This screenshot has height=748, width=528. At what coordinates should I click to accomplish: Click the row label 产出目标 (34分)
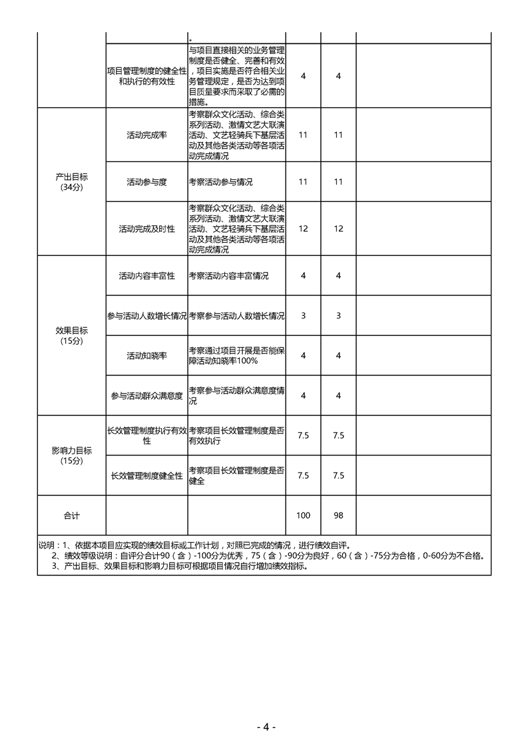point(71,182)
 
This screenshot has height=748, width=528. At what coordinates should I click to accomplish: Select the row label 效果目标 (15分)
point(71,335)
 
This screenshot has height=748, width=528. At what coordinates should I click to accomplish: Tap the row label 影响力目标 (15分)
point(71,455)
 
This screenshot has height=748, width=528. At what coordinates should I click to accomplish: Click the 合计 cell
point(71,515)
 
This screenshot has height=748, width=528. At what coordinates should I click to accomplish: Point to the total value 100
point(303,515)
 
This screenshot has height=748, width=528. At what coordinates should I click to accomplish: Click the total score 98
point(338,515)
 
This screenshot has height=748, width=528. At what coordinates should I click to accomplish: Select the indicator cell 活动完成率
point(146,135)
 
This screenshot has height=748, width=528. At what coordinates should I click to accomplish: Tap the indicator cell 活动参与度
point(146,182)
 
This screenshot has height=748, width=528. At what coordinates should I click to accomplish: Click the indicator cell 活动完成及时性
point(146,229)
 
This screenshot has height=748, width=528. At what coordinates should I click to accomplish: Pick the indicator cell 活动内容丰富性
point(146,275)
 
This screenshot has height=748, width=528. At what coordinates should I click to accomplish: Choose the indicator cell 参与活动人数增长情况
point(146,315)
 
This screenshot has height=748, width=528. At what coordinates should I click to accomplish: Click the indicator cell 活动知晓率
point(146,355)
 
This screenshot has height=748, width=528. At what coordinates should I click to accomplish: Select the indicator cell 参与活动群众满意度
point(146,395)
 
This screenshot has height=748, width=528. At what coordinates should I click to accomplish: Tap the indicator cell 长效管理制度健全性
point(146,475)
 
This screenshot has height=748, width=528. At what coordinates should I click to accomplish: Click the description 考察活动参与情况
point(221,182)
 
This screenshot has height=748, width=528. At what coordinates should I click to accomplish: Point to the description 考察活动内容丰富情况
point(229,275)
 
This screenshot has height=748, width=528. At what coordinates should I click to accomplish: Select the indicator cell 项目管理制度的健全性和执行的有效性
point(146,76)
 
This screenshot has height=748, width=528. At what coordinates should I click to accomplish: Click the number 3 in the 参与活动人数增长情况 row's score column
point(303,315)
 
